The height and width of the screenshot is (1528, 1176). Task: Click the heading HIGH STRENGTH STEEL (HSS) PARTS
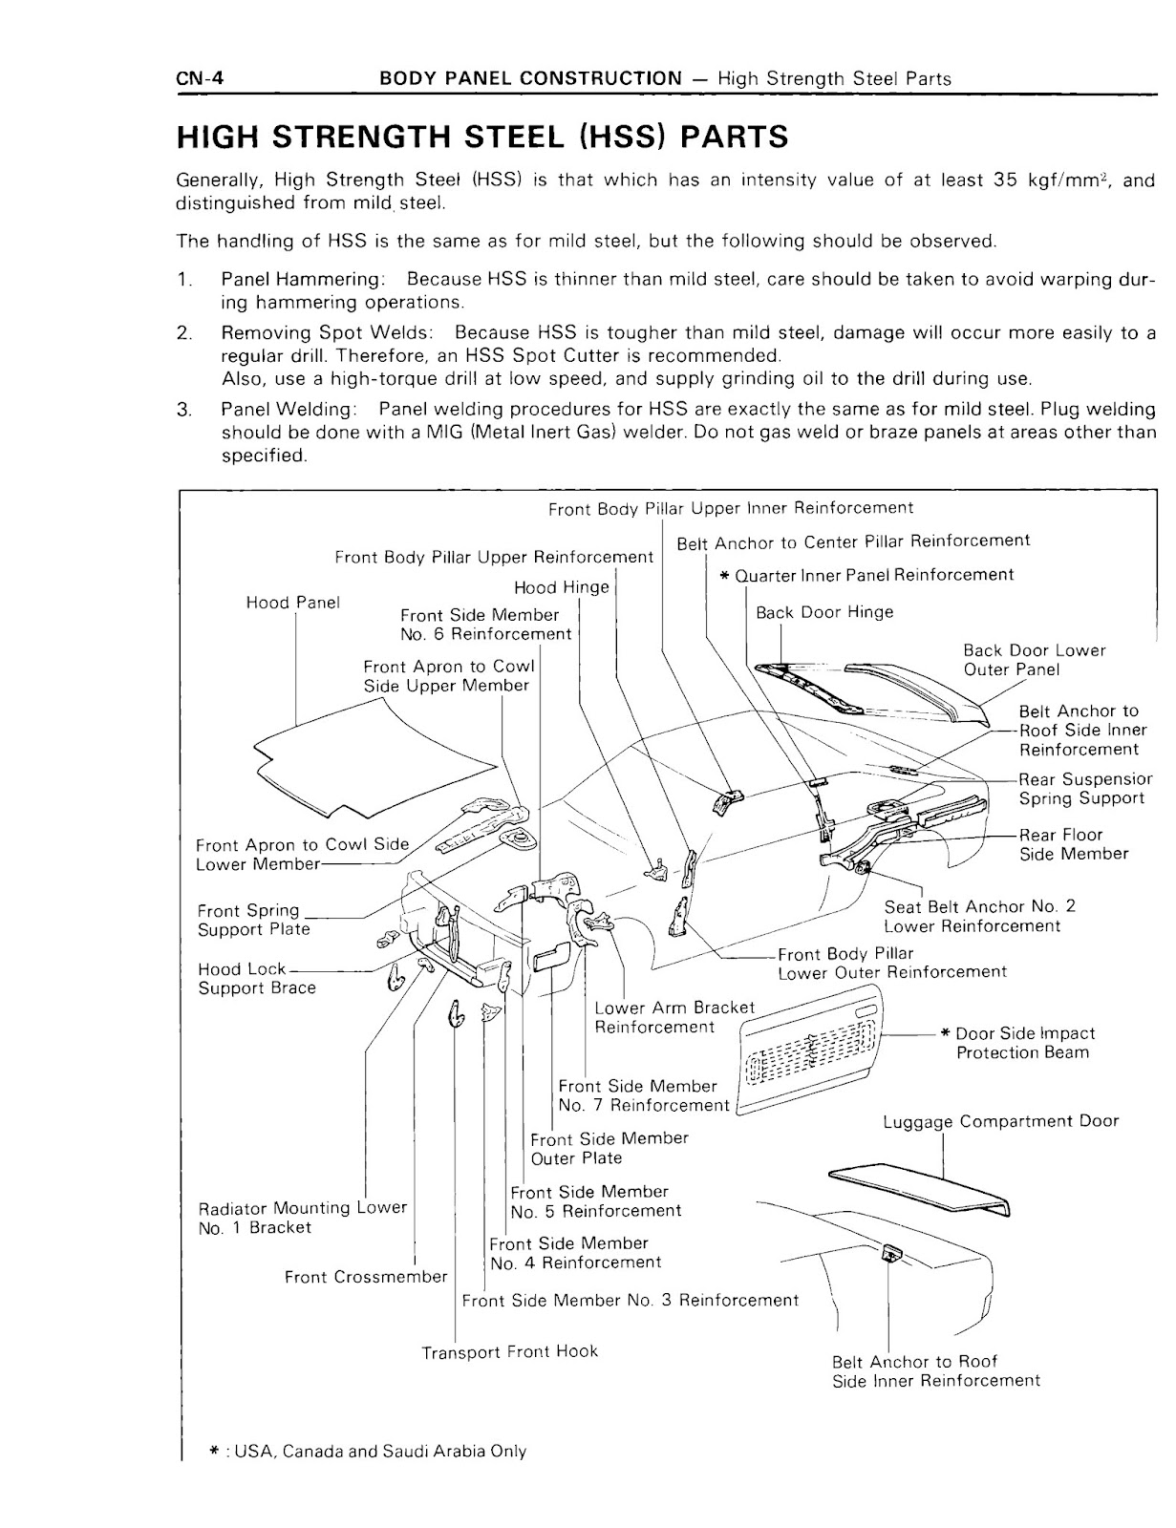pos(482,137)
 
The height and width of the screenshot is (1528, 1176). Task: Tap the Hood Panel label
pos(293,603)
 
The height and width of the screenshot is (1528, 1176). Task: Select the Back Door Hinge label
pos(823,612)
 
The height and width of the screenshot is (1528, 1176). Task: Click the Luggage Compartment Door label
pos(1000,1121)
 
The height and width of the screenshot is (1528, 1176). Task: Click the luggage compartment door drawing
pos(917,1189)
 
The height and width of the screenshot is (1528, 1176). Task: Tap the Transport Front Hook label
pos(509,1351)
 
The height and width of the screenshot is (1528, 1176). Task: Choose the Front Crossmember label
pos(366,1277)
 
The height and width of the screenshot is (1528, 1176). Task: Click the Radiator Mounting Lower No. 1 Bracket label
pos(302,1218)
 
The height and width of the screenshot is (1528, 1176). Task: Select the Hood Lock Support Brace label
pos(256,978)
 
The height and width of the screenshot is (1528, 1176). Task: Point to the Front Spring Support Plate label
pos(253,920)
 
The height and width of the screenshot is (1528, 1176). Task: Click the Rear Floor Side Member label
pos(1073,844)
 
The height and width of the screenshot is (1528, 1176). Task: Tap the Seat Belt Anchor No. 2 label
pos(978,916)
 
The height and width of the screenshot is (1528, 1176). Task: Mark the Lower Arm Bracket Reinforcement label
pos(674,1017)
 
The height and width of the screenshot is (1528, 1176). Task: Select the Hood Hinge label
pos(561,587)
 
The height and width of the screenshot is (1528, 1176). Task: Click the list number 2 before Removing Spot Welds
pos(183,333)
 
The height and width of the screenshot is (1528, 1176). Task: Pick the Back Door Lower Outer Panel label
pos(1034,660)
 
